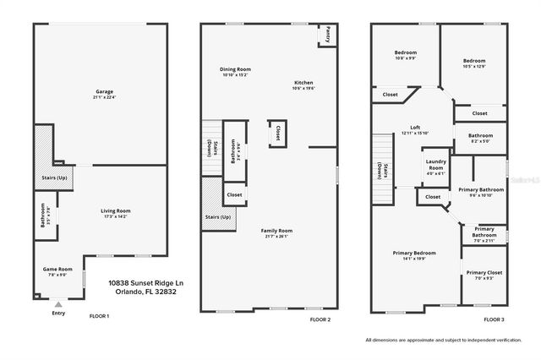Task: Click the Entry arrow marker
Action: [x=57, y=303]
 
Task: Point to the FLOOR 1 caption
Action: [x=100, y=316]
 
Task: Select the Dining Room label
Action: [x=237, y=72]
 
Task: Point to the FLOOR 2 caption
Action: [x=320, y=320]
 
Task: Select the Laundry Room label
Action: [x=436, y=164]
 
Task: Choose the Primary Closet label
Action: [x=484, y=275]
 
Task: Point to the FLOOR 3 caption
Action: [x=493, y=320]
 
